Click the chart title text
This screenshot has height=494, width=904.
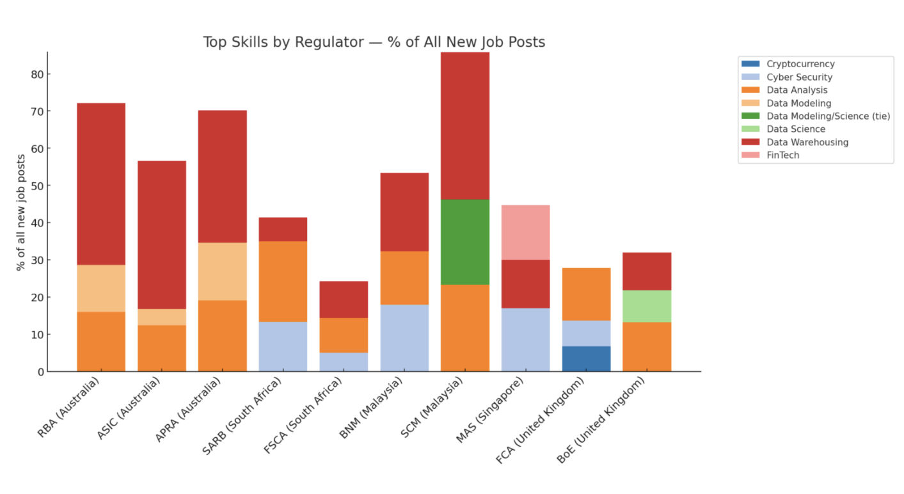coord(374,42)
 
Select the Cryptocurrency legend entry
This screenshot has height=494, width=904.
coord(800,64)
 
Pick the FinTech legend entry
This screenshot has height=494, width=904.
coord(782,155)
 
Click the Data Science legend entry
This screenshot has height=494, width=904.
coord(795,129)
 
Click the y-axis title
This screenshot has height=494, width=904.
coord(22,212)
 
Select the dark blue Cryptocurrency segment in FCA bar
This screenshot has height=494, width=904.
coord(586,358)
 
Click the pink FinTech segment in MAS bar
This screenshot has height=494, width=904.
coord(525,232)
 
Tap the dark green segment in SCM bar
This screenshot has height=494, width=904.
coord(465,242)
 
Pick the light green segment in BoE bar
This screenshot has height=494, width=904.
coord(647,306)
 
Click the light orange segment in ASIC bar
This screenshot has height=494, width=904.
coord(162,317)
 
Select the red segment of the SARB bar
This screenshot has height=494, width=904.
coord(283,229)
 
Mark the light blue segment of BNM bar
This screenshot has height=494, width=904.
coord(404,338)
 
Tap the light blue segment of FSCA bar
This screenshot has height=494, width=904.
coord(344,362)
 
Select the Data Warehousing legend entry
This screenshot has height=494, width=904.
coord(807,142)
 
